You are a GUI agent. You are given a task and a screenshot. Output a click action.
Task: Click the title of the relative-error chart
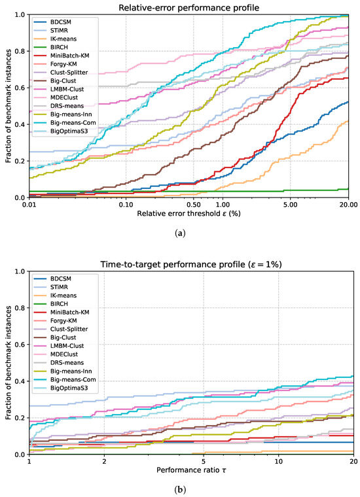[x=189, y=8]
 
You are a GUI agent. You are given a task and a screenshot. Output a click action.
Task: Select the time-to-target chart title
[x=191, y=264]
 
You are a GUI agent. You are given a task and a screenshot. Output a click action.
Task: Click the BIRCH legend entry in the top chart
[x=59, y=47]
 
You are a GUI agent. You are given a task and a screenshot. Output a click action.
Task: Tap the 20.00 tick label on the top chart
[x=349, y=205]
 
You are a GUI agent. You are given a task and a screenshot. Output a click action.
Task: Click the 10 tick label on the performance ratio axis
[x=278, y=461]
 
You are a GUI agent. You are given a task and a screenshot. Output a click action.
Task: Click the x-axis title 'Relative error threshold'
[x=189, y=213]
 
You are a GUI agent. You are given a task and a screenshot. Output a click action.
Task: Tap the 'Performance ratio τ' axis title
[x=191, y=470]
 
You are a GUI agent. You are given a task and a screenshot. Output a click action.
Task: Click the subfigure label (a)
[x=181, y=233]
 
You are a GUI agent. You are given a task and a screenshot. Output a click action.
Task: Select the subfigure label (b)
[x=181, y=490]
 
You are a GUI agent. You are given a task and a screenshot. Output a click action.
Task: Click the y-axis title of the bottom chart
[x=9, y=362]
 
